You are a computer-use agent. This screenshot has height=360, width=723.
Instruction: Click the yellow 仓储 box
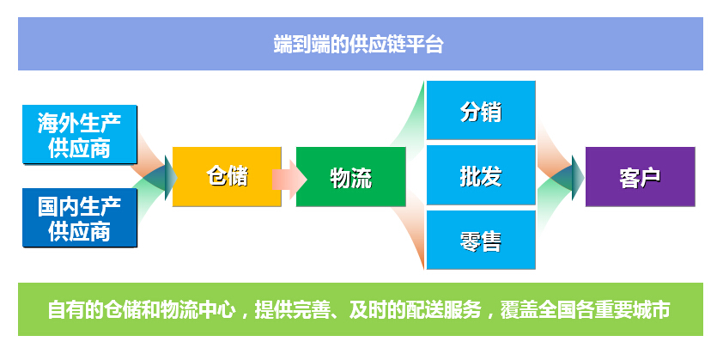[227, 176]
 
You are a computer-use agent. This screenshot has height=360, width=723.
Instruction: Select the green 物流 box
[351, 176]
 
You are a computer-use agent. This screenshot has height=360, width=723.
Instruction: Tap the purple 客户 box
[640, 176]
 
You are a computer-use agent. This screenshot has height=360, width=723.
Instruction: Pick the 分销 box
[481, 110]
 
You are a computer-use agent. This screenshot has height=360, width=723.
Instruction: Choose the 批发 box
[481, 175]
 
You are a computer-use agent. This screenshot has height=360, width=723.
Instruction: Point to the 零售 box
[481, 240]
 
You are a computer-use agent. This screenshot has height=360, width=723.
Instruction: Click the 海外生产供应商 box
[80, 134]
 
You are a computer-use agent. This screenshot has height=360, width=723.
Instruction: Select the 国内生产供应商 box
[80, 217]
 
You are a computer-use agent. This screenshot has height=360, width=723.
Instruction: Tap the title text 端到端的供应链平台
[358, 45]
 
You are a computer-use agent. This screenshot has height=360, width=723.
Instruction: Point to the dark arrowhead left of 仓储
[171, 177]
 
